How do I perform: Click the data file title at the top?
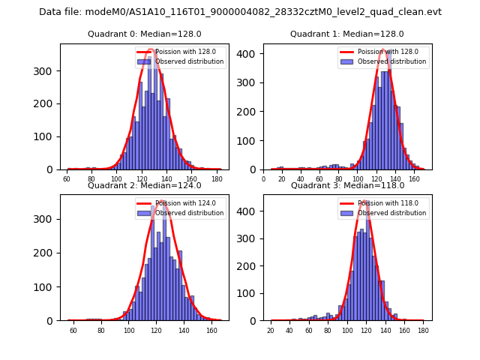[x=240, y=12]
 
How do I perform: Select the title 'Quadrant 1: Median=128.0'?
[x=346, y=34]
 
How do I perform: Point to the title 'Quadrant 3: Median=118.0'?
[x=346, y=185]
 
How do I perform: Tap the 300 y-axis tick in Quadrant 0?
[x=51, y=71]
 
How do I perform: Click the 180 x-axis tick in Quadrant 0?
[x=217, y=180]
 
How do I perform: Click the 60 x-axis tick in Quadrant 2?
[x=73, y=331]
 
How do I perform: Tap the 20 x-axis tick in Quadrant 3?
[x=271, y=331]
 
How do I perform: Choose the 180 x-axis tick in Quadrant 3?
[x=423, y=331]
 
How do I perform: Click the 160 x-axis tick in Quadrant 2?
[x=212, y=331]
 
